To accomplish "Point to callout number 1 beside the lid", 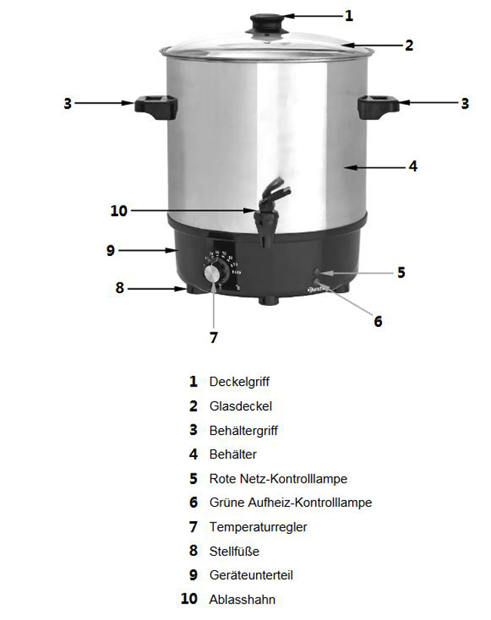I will (x=348, y=15).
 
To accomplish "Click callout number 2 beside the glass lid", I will (x=409, y=45).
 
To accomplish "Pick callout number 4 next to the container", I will (x=413, y=166).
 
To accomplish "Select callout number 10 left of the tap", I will (x=119, y=211).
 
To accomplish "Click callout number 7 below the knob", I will (x=213, y=338).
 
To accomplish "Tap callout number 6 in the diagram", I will (x=378, y=321).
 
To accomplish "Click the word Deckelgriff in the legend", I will (x=239, y=382).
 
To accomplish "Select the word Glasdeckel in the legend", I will (x=240, y=406).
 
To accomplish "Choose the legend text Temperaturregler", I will (x=258, y=527).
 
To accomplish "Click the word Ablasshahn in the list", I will (x=242, y=600).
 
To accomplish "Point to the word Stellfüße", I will (x=234, y=551).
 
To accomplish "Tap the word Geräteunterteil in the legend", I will (x=251, y=575).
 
